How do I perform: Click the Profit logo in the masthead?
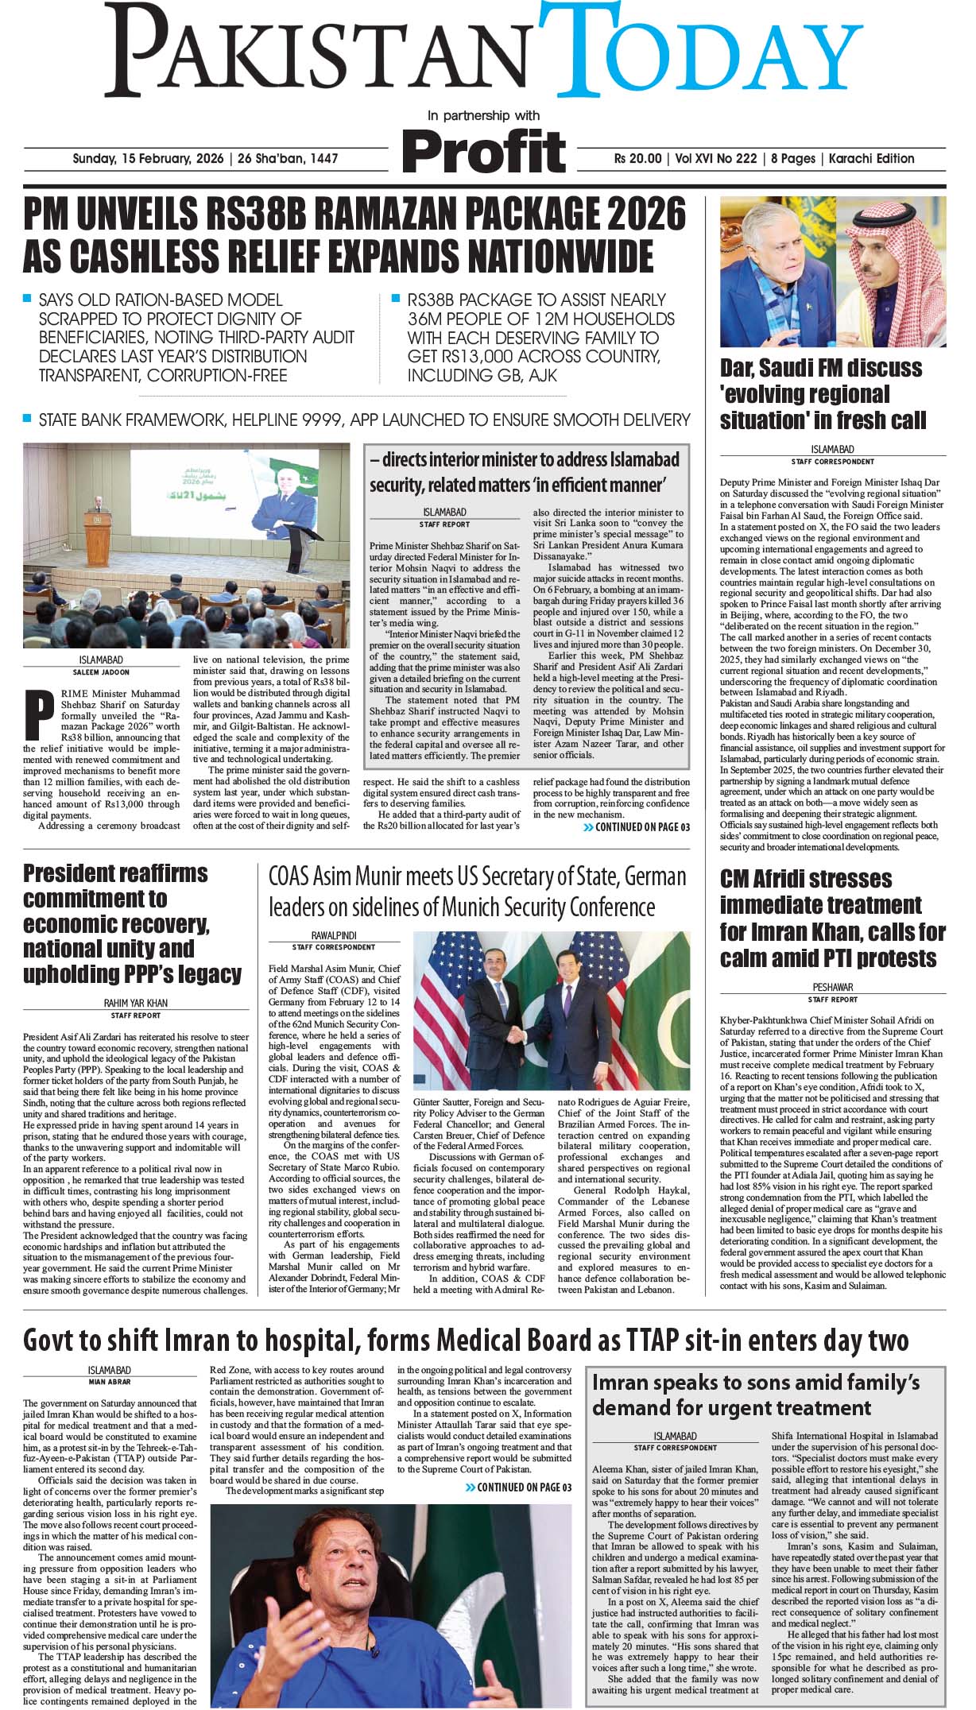click(483, 149)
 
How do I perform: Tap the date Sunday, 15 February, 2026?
click(149, 158)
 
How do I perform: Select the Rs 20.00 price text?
click(637, 158)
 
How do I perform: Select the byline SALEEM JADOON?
click(101, 672)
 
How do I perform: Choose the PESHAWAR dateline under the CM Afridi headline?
click(832, 987)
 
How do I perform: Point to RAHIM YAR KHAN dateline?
click(136, 1004)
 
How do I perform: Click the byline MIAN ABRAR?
click(110, 1382)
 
